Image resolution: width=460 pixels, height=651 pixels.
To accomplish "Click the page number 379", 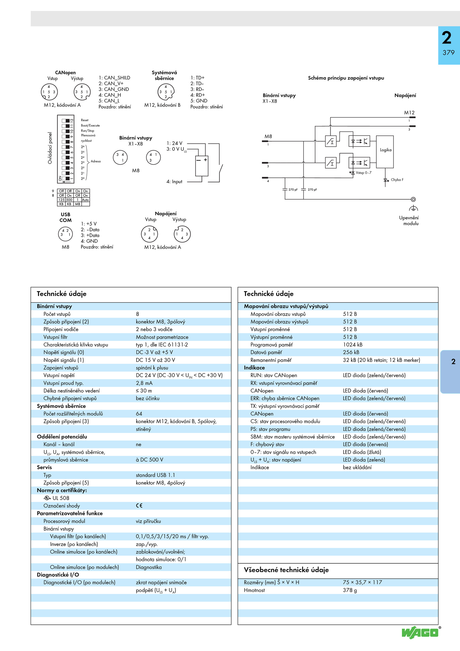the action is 448,53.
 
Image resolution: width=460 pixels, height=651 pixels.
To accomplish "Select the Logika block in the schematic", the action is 385,152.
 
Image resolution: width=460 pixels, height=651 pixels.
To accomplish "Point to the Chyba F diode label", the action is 397,180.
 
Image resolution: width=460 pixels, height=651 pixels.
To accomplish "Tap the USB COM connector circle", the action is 65,234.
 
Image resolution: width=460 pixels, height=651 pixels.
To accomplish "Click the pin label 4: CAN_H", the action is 110,95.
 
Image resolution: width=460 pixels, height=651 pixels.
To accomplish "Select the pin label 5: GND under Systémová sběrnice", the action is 199,101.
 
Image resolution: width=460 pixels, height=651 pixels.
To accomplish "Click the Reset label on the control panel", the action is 85,120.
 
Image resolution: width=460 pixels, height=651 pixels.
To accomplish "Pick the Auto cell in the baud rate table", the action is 85,200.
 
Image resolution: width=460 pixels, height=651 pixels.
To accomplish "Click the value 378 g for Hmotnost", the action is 350,590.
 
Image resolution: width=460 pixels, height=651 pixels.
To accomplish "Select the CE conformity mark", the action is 139,505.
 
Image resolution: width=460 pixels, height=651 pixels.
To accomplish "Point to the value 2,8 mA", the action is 144,383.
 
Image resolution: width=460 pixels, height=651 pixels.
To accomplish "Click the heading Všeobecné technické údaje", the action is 286,570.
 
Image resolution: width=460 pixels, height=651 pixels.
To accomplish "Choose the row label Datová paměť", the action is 266,352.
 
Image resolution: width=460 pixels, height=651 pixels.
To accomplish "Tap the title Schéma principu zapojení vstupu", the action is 346,78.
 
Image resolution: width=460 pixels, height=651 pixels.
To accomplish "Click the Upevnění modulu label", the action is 409,221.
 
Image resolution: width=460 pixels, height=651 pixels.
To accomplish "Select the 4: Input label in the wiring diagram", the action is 174,182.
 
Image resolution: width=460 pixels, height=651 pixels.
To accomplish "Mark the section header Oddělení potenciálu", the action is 62,437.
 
